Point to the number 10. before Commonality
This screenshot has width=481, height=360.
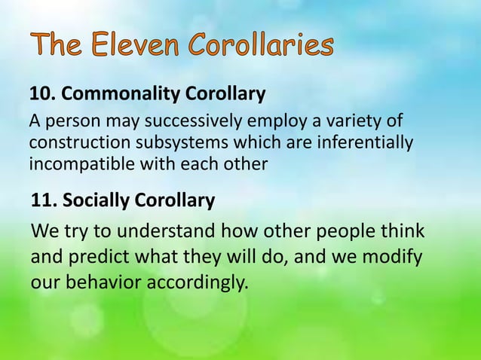pos(42,95)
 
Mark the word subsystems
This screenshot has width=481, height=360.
pos(164,142)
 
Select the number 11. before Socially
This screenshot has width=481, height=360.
pos(44,202)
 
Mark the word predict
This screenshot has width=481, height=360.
pos(95,258)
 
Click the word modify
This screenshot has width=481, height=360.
pos(394,258)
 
